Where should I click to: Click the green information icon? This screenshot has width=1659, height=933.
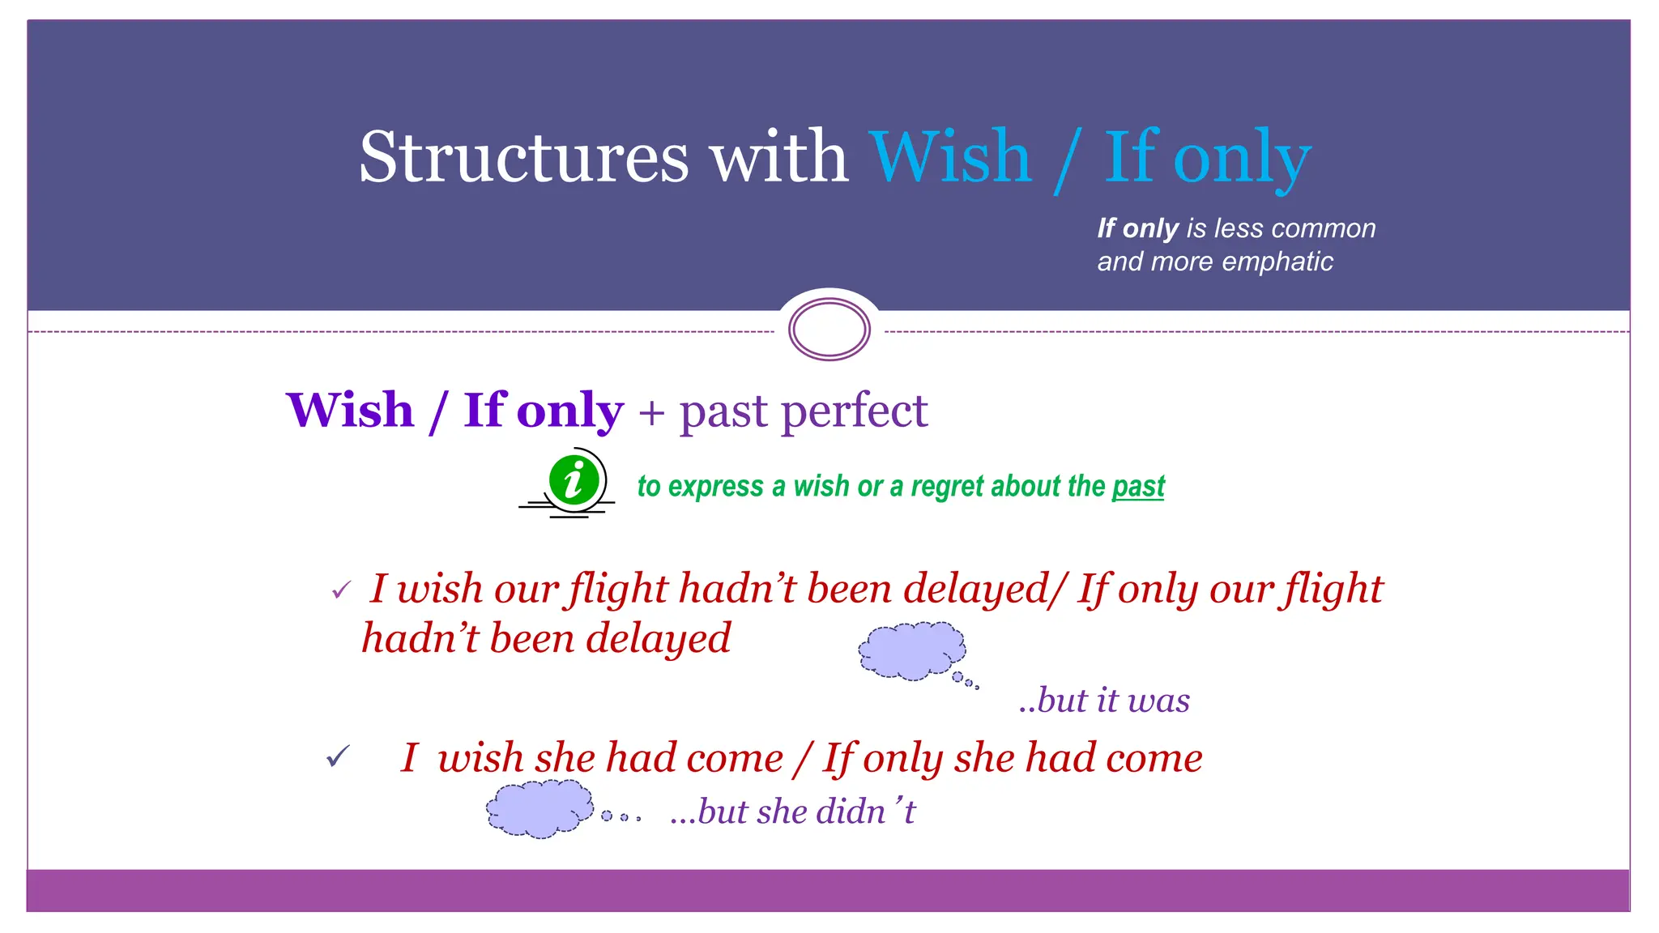click(x=574, y=480)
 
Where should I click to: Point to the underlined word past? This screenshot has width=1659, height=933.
click(x=1138, y=486)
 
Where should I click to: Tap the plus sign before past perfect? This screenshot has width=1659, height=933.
click(x=651, y=412)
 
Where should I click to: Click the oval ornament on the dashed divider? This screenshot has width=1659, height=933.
click(x=829, y=330)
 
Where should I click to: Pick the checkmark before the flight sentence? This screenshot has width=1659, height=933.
click(x=341, y=590)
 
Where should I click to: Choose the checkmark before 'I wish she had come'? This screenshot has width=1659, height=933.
click(x=338, y=757)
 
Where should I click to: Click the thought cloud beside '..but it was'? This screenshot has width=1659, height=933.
click(x=912, y=650)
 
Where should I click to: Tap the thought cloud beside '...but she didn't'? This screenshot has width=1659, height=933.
click(x=539, y=807)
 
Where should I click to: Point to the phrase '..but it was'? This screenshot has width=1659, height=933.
click(x=1104, y=700)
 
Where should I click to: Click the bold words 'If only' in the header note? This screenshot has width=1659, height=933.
click(x=1137, y=228)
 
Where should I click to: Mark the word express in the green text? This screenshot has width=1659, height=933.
click(x=716, y=486)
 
